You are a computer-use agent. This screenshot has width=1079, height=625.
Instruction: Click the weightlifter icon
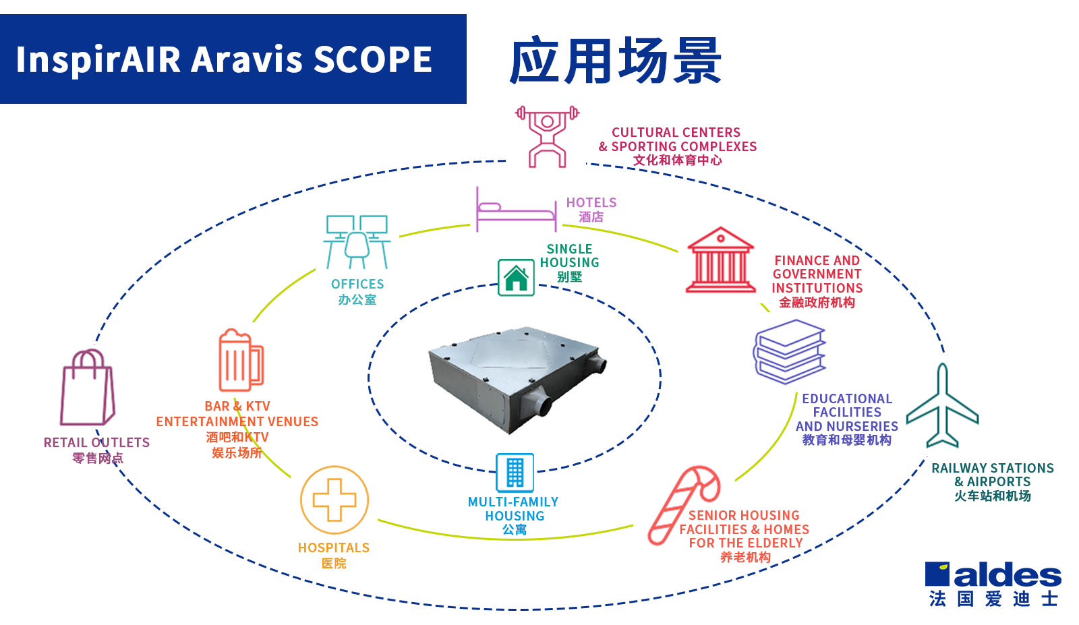tap(547, 136)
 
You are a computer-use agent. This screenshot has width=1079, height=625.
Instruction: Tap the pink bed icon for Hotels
tap(516, 210)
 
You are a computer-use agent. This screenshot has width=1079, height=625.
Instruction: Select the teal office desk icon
tap(357, 241)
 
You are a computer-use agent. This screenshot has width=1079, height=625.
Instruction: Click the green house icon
tap(516, 277)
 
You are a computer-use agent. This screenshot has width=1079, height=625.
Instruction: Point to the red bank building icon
tap(720, 260)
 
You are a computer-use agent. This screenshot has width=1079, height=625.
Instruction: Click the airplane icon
tap(942, 407)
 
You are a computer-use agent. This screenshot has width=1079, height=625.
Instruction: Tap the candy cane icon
tap(683, 503)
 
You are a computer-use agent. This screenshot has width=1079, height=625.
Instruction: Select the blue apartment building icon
tap(515, 472)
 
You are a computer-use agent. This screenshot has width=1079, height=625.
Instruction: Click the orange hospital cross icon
tap(334, 500)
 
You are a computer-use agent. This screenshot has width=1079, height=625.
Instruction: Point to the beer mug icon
tap(239, 361)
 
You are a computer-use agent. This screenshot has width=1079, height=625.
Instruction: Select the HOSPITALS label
tap(334, 547)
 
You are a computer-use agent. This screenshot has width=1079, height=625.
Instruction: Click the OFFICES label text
tap(357, 284)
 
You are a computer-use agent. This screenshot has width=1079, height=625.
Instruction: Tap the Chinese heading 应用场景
tap(615, 61)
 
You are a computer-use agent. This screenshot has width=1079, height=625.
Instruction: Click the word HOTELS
tap(591, 202)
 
